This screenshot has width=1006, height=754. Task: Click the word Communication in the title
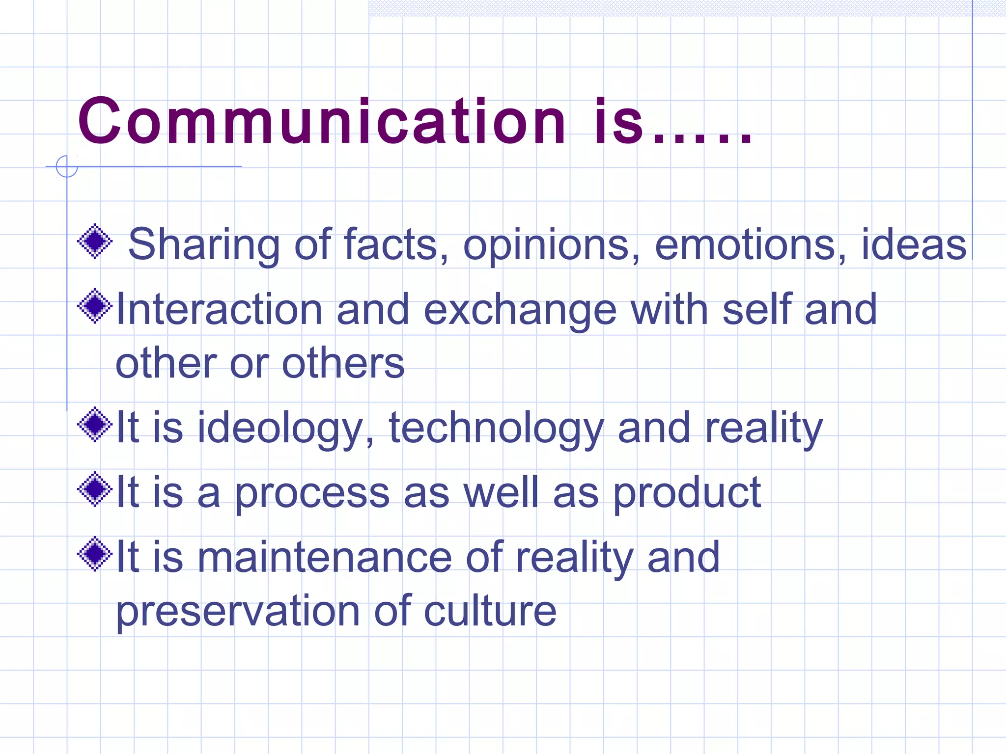322,121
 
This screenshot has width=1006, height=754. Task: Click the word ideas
914,244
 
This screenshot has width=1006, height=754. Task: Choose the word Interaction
219,309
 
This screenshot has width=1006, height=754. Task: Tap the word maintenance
324,557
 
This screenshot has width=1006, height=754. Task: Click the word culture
490,611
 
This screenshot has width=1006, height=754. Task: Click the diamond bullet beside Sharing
95,241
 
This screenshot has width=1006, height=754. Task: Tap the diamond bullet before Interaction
95,306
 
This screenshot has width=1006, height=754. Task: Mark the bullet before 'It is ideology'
95,425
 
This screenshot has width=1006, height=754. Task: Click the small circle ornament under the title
67,166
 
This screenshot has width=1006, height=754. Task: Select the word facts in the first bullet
391,244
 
